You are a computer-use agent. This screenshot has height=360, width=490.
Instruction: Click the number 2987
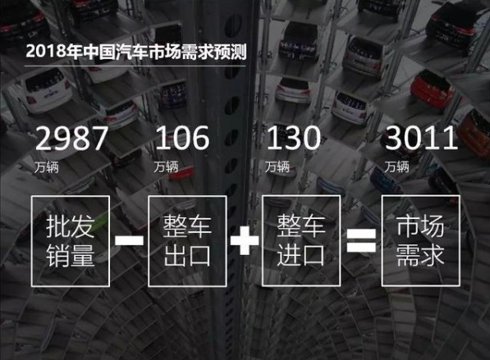(x=71, y=138)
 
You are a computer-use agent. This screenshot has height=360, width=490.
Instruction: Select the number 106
(x=182, y=138)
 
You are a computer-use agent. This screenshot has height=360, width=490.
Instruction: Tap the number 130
(x=294, y=138)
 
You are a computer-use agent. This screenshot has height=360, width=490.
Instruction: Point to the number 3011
(x=421, y=138)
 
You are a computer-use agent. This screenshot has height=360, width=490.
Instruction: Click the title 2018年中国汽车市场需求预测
(x=136, y=52)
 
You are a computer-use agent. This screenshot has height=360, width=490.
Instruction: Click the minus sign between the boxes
(x=129, y=240)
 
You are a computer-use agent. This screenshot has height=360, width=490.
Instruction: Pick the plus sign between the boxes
(x=245, y=240)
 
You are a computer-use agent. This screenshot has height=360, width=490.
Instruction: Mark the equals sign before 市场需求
(x=361, y=240)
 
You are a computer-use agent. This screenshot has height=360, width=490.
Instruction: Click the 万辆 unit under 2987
(x=47, y=167)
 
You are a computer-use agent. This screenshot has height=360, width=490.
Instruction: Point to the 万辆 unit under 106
(x=166, y=166)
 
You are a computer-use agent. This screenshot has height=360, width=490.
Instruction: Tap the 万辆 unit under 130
(x=277, y=166)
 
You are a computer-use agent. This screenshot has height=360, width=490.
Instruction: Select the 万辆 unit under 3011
(x=396, y=166)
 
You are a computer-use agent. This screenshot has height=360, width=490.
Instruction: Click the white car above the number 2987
(x=46, y=90)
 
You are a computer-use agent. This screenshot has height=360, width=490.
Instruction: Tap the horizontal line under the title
(x=135, y=66)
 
